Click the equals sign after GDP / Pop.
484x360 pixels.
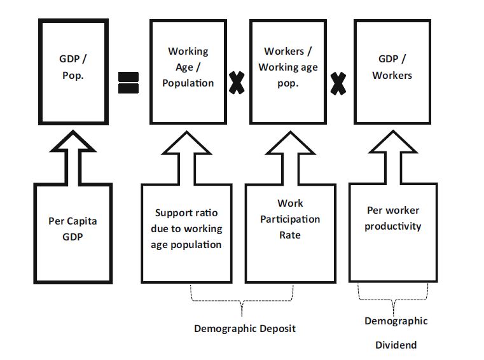pos(128,83)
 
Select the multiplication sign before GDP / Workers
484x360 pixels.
pos(338,81)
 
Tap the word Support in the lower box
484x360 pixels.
pos(174,213)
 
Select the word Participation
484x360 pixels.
pos(290,219)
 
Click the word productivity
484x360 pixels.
pos(393,226)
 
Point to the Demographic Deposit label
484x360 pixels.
pos(245,328)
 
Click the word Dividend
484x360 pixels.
pos(396,345)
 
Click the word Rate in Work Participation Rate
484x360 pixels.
pos(290,235)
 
